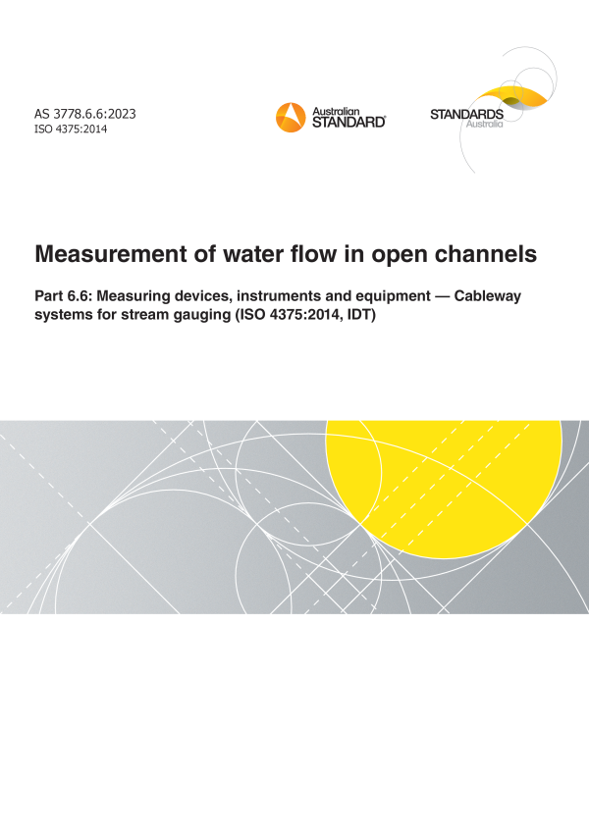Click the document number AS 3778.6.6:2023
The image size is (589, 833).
click(x=85, y=114)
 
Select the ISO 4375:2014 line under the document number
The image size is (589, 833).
click(x=72, y=130)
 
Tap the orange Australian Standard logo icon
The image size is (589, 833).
click(x=292, y=117)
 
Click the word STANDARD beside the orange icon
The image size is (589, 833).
click(x=348, y=123)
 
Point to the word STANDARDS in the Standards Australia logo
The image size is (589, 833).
click(x=466, y=115)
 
